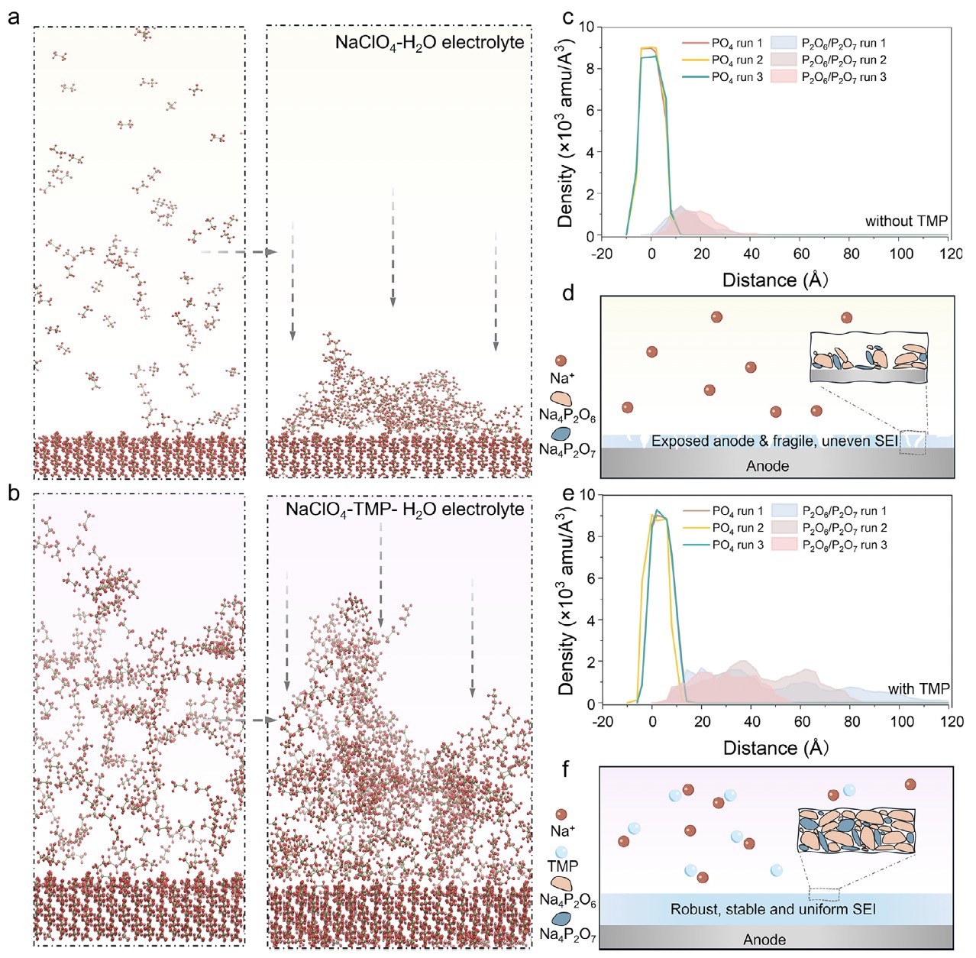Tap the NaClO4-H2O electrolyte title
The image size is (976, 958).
[x=429, y=42]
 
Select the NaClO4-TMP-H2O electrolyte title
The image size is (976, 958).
[x=405, y=508]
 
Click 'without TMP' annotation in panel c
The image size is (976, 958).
[x=906, y=221]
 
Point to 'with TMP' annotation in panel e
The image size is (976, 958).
[x=918, y=689]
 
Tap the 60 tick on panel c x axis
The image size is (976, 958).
[x=801, y=253]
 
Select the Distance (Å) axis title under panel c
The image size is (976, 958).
[x=774, y=280]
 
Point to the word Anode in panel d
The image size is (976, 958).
[x=768, y=466]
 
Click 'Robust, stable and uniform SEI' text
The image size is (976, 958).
[x=773, y=909]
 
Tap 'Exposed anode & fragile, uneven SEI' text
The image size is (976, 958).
[x=775, y=441]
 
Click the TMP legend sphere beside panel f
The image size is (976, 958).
[x=561, y=852]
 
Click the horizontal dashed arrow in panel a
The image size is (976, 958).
[x=239, y=252]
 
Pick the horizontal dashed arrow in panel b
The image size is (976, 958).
[x=239, y=720]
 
